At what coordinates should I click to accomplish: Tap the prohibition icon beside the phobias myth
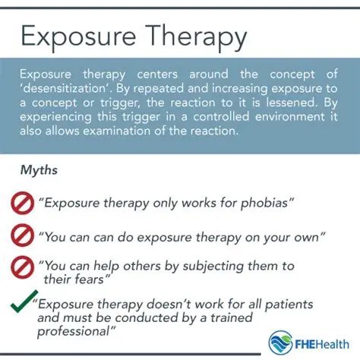click(x=21, y=202)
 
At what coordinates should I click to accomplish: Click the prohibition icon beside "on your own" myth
click(x=21, y=236)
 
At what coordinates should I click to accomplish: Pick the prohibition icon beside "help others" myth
click(x=21, y=267)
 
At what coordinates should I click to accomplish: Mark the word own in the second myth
click(x=310, y=236)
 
